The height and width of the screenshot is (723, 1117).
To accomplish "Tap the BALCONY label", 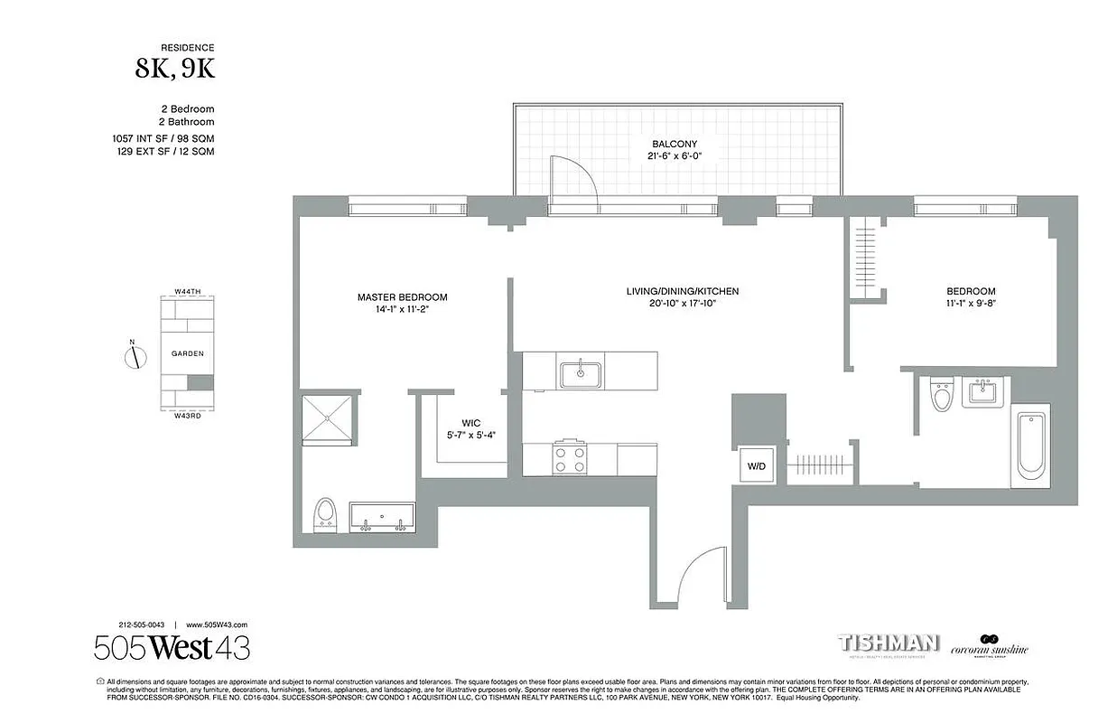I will [x=675, y=144].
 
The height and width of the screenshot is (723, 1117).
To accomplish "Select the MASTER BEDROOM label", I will [x=402, y=297].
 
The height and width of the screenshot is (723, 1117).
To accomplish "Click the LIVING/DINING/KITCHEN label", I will [x=682, y=291].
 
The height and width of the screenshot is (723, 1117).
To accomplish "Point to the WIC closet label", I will [x=470, y=423].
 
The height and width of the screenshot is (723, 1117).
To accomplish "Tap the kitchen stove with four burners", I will [x=570, y=456].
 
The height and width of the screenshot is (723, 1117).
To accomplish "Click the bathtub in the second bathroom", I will [x=1030, y=445].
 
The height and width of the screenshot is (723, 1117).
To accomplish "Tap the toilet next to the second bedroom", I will [x=942, y=395].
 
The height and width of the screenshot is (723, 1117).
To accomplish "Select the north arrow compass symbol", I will [x=134, y=356].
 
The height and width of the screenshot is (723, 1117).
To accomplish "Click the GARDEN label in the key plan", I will [x=188, y=353].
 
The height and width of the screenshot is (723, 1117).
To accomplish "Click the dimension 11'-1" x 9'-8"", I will [x=971, y=304].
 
